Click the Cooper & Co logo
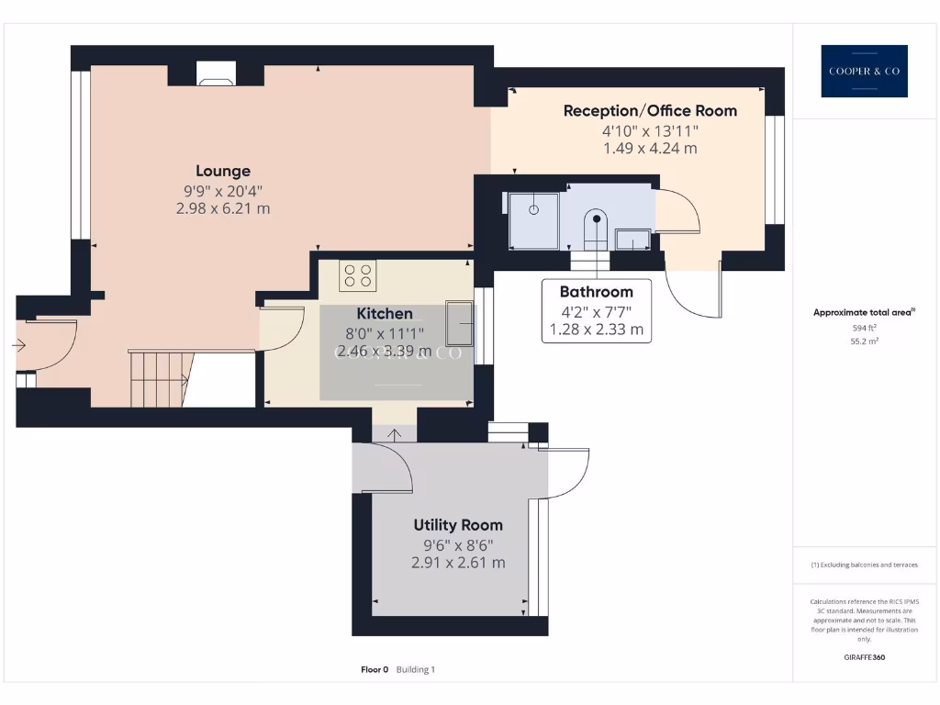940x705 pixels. tap(864, 72)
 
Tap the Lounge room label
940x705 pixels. tap(223, 171)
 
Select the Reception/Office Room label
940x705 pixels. tap(650, 111)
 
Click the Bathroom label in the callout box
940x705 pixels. tap(597, 292)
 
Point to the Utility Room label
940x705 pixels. tap(458, 525)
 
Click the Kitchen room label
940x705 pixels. tap(385, 314)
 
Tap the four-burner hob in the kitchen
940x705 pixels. tap(357, 274)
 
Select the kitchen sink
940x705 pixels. tap(458, 320)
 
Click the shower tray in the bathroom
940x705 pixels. tap(533, 220)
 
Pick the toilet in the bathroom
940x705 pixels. tap(596, 229)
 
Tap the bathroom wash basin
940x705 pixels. tap(633, 240)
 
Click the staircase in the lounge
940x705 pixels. tap(159, 378)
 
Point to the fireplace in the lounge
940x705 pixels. tap(217, 75)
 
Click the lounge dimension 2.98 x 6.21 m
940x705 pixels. tap(223, 208)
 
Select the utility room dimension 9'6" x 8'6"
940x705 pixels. tap(458, 544)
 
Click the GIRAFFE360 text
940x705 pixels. tap(864, 657)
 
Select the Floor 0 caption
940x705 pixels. tap(375, 670)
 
